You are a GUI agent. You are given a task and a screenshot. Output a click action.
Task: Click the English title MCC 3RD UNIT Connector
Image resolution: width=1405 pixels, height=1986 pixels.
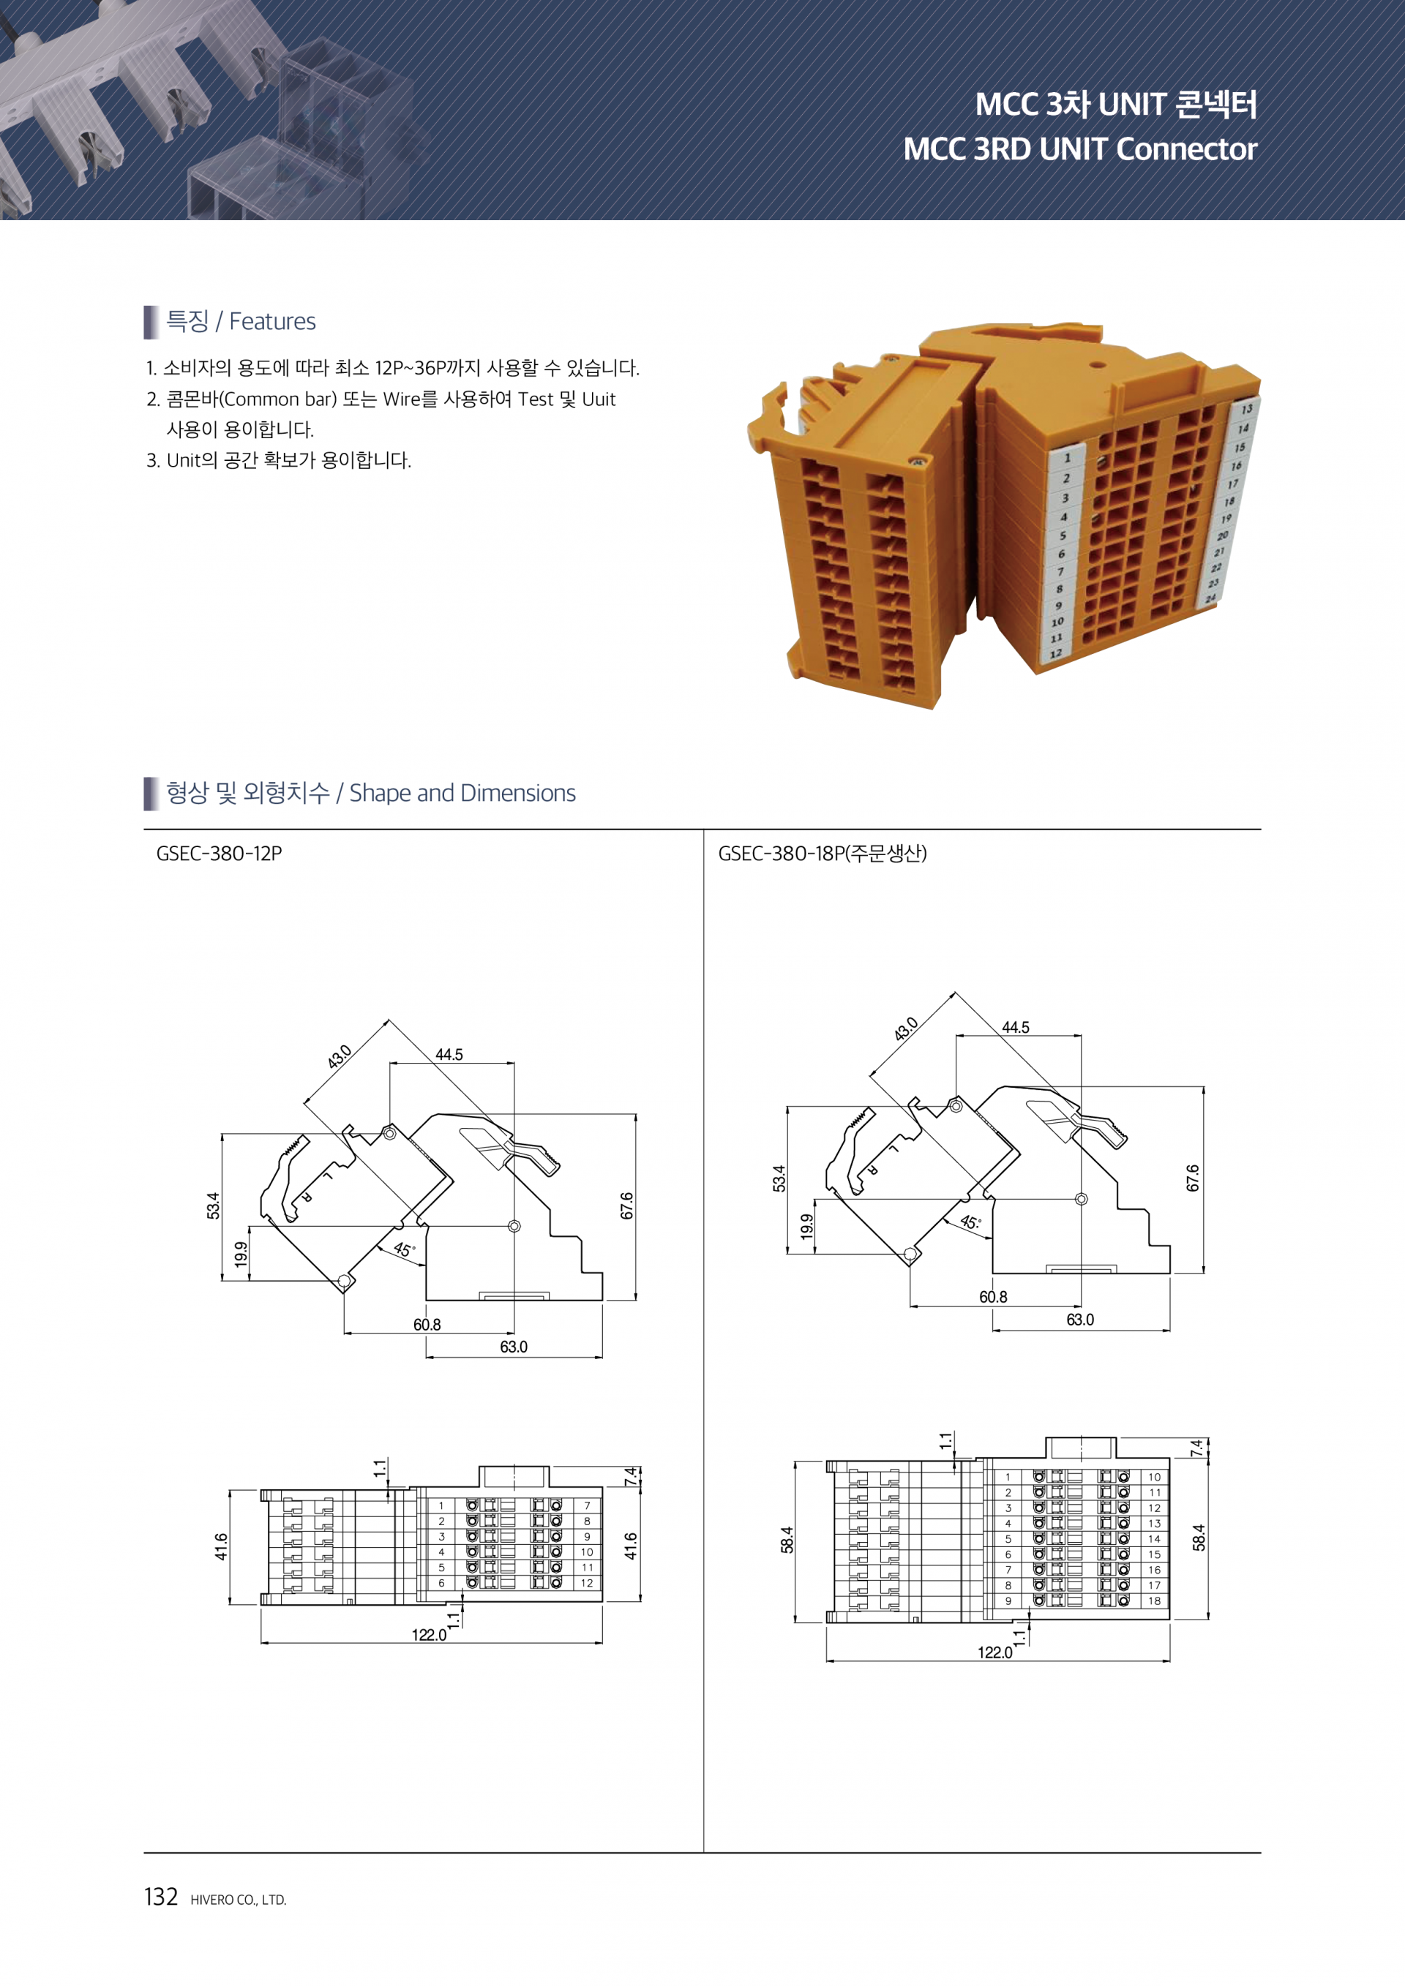point(1079,148)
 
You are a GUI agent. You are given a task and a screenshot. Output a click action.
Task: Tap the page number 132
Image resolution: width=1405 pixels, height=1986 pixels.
point(161,1896)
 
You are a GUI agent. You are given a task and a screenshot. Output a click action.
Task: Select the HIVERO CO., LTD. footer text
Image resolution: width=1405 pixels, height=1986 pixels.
point(238,1900)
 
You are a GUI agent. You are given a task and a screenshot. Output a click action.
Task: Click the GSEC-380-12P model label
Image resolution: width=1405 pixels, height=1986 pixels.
point(219,853)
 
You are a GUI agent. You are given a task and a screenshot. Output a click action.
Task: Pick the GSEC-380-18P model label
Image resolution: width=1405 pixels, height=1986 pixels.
point(822,853)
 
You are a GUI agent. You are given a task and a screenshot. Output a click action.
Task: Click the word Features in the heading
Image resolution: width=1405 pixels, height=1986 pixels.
point(272,321)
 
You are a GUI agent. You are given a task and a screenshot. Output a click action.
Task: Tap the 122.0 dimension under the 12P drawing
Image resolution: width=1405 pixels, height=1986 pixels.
point(429,1634)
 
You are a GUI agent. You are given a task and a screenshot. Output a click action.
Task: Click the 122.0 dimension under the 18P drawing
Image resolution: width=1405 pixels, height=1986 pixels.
point(995,1652)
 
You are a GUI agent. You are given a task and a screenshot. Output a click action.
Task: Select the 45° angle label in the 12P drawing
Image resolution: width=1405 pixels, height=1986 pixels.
point(404,1249)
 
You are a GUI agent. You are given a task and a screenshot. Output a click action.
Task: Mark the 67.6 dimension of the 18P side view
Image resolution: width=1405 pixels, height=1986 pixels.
point(1193,1178)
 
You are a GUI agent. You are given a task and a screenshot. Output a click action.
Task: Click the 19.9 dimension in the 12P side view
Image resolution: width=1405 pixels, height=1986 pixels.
point(241,1253)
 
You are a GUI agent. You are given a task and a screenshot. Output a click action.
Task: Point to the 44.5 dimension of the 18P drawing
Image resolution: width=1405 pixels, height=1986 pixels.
point(1016,1027)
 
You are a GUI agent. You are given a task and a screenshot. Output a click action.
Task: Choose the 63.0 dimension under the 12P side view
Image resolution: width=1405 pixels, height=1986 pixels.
point(513,1346)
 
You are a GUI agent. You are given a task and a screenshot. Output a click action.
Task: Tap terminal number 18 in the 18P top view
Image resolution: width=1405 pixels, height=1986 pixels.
point(1154,1601)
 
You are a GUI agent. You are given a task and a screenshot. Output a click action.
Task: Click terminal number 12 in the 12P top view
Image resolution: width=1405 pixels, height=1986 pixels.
point(587,1583)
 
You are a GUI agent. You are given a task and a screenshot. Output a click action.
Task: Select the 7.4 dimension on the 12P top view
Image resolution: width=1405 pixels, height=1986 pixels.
point(632,1477)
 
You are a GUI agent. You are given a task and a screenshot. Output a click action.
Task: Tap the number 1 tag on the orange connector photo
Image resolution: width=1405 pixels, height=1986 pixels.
point(1068,458)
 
